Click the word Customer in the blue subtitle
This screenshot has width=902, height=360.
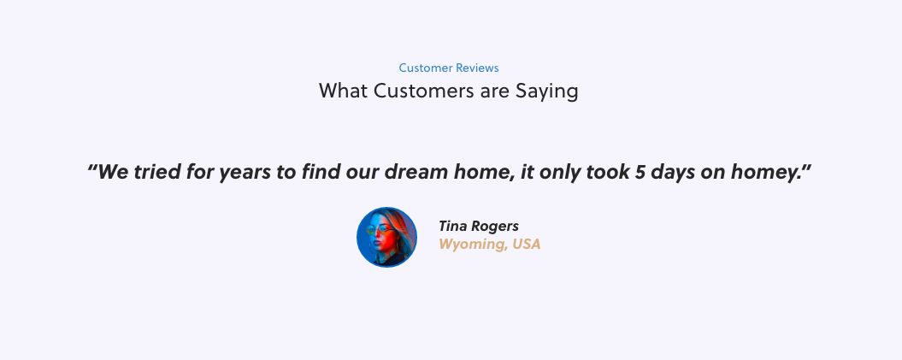point(426,68)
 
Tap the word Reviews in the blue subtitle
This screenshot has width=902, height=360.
point(477,68)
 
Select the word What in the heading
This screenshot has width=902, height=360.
point(344,91)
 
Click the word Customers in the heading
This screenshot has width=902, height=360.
point(425,91)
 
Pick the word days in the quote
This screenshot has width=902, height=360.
point(674,173)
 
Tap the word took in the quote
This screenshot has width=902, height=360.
point(608,172)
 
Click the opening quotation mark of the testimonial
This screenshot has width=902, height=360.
point(91,168)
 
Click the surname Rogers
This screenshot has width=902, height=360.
point(495,227)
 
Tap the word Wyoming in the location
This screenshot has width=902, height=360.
point(472,245)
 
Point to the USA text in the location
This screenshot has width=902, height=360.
point(527,244)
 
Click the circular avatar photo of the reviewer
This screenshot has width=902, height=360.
point(386,237)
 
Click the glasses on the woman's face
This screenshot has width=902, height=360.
point(380,230)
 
